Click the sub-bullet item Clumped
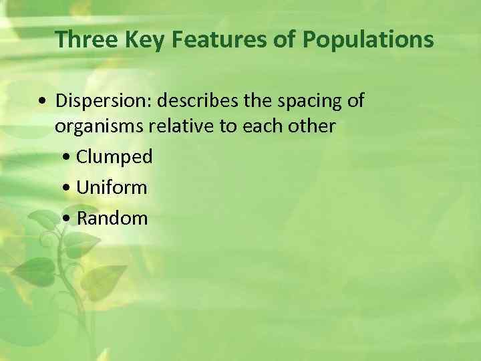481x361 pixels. point(114,157)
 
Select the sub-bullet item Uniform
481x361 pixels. point(112,188)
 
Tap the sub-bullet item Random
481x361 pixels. point(112,218)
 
